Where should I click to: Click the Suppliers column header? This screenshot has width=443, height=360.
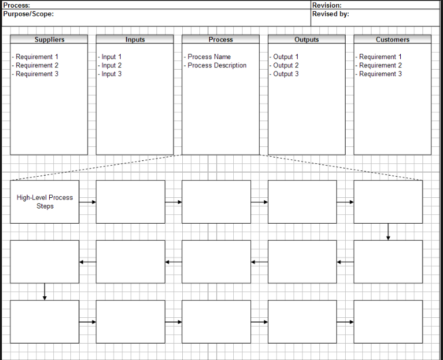click(x=49, y=39)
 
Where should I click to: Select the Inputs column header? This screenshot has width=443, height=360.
click(x=135, y=39)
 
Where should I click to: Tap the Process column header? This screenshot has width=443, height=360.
click(x=221, y=39)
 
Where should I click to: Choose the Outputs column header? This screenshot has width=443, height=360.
click(x=307, y=39)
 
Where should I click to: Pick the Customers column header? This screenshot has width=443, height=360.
click(x=392, y=39)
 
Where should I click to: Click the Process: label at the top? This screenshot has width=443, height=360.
click(x=16, y=5)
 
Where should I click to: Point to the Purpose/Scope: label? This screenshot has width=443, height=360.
click(x=27, y=14)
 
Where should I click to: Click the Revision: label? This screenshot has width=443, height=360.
click(x=327, y=5)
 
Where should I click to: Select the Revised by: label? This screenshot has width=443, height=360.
click(x=331, y=14)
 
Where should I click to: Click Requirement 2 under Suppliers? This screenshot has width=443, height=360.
click(x=36, y=66)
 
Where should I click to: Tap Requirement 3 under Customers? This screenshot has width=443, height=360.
click(x=380, y=74)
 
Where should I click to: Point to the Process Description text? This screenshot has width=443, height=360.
click(x=217, y=66)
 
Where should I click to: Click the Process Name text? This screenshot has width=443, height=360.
click(x=209, y=57)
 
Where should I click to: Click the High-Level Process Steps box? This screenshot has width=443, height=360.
click(x=45, y=202)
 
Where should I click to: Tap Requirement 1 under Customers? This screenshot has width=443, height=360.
click(x=380, y=57)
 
